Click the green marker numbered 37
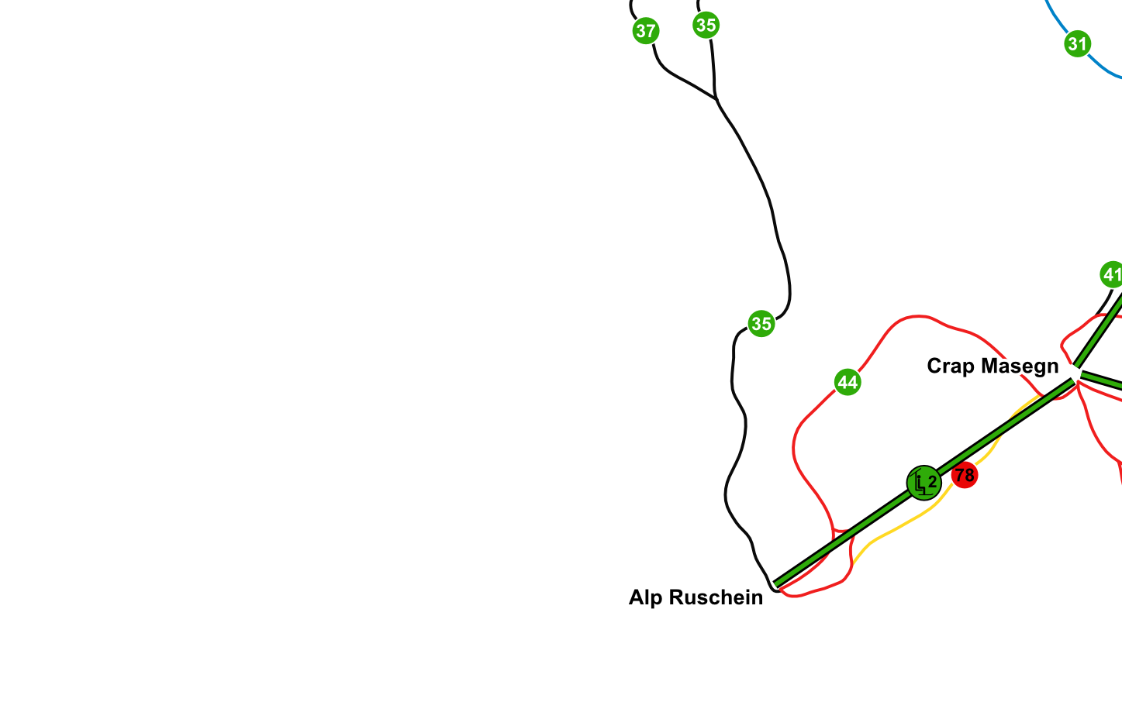pos(645,31)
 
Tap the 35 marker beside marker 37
pos(706,25)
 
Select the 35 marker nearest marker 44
pos(761,323)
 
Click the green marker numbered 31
pos(1077,43)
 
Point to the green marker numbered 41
pos(1112,274)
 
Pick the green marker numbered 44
pos(848,382)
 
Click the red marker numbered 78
pos(964,475)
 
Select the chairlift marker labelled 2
pos(923,483)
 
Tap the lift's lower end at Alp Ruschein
pos(776,585)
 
